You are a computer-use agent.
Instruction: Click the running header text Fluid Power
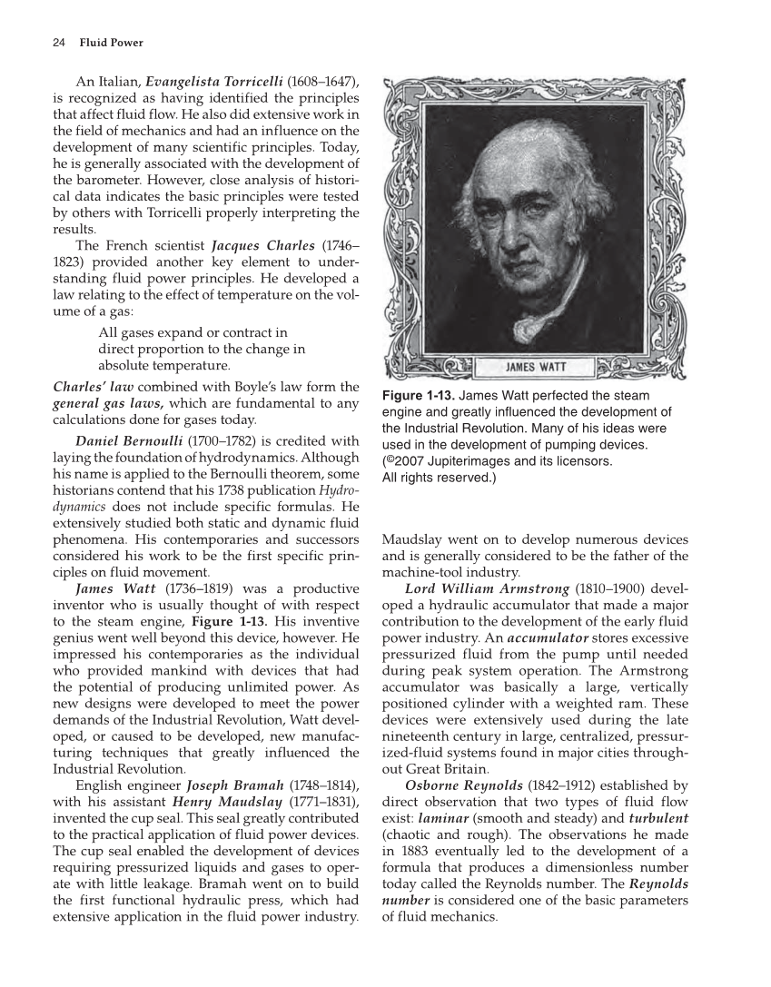(x=111, y=43)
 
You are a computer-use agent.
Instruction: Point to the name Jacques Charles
(x=263, y=245)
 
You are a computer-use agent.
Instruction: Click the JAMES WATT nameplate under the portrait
(x=535, y=368)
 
